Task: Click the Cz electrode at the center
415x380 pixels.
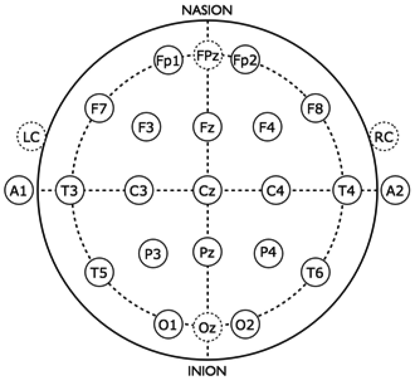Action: point(207,190)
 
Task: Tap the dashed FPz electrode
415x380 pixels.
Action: point(207,55)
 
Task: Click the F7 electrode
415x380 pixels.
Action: point(99,109)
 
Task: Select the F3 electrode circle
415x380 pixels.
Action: point(146,127)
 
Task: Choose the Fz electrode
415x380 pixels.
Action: point(207,127)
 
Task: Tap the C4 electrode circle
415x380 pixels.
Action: point(276,190)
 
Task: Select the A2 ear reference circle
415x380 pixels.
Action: point(396,190)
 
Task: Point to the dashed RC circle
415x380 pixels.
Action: point(384,137)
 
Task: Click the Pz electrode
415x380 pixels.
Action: point(207,252)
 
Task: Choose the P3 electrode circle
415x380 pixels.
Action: point(153,253)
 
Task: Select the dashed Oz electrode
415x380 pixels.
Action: point(207,327)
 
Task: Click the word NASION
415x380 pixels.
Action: point(207,10)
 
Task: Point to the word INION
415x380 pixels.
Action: point(207,371)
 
